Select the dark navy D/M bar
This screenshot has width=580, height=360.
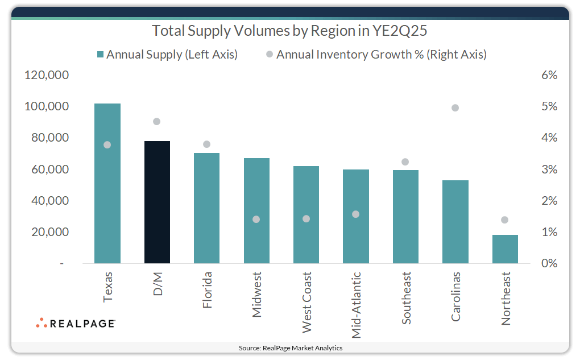pos(157,202)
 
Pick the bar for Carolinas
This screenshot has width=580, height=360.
pos(455,222)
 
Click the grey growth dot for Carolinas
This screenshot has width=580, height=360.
pos(455,108)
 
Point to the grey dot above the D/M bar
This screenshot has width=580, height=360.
pos(157,121)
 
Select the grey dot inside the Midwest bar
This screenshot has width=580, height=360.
pos(256,220)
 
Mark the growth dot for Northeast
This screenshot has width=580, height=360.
pos(504,220)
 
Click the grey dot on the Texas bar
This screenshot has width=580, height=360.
pos(107,144)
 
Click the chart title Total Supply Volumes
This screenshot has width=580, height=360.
pos(289,30)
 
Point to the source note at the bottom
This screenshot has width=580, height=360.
pos(290,347)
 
